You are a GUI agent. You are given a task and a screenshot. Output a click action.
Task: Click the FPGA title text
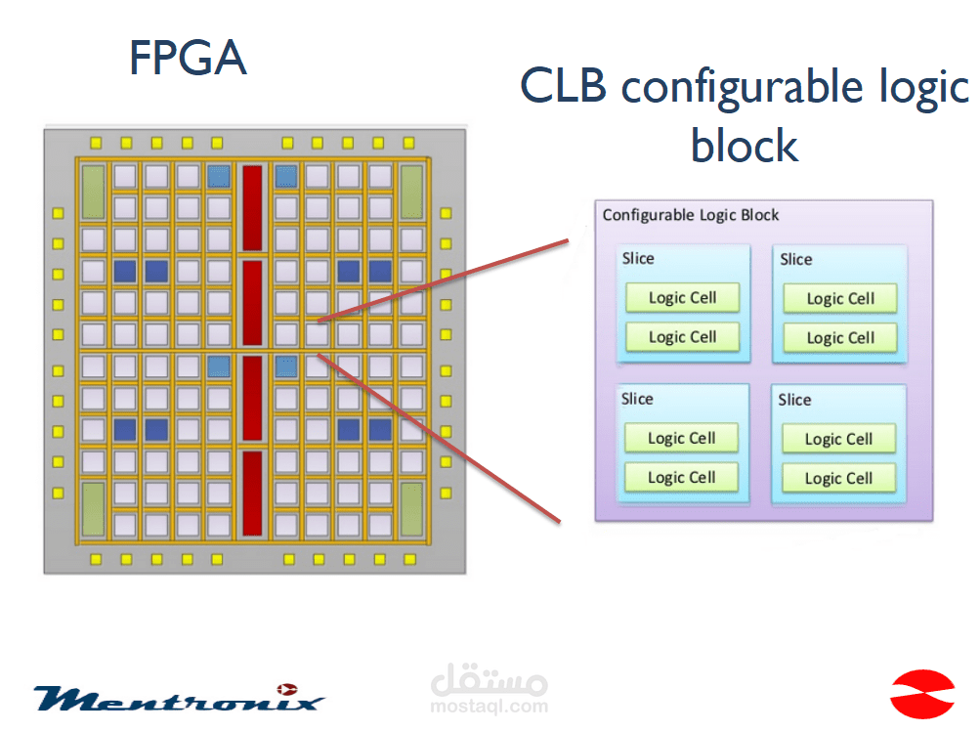(x=188, y=58)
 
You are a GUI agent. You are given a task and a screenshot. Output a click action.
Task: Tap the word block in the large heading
(x=745, y=146)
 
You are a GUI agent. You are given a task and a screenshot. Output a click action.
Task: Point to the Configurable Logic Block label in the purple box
(x=691, y=215)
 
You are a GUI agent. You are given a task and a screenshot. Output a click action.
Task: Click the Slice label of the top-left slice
(x=638, y=259)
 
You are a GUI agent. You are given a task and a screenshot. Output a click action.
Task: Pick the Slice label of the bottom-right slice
(x=794, y=400)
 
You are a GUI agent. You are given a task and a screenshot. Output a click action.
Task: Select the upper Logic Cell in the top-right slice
(x=840, y=299)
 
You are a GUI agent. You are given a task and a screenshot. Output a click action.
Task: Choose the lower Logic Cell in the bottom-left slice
(x=681, y=477)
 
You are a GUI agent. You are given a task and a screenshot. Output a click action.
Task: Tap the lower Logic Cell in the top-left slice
(x=682, y=337)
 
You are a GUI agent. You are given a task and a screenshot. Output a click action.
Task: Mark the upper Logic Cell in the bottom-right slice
(x=838, y=439)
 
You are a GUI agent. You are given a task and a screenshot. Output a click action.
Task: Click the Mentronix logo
(x=178, y=697)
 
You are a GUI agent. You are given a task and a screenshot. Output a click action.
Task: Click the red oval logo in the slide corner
(x=921, y=693)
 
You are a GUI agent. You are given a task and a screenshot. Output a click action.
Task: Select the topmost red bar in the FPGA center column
(x=253, y=206)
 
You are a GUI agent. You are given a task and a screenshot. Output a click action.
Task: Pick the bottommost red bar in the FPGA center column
(x=253, y=494)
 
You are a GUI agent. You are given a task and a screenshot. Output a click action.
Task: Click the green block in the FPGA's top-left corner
(x=94, y=191)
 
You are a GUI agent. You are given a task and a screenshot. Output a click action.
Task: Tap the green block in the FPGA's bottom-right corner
(x=411, y=509)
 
